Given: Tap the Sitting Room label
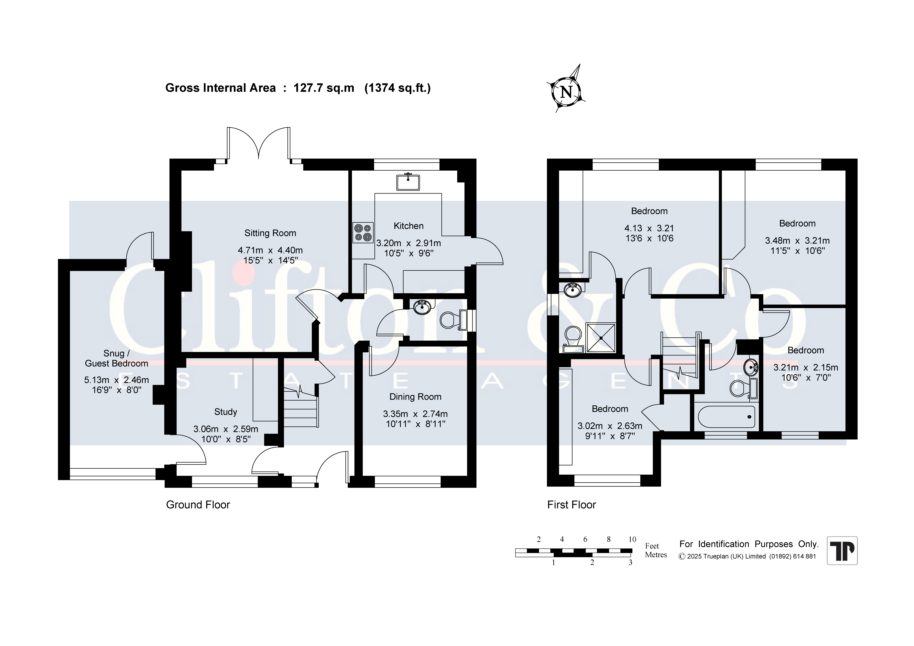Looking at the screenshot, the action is click(270, 233).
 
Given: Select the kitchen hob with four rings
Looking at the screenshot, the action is click(363, 232).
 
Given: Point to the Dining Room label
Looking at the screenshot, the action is click(415, 397).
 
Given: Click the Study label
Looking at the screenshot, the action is click(226, 412).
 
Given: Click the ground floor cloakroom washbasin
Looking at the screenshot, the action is click(422, 307).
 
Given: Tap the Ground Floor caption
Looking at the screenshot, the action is click(198, 505).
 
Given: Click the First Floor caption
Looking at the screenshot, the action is click(571, 505).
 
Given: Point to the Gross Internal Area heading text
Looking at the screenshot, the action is click(298, 88).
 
